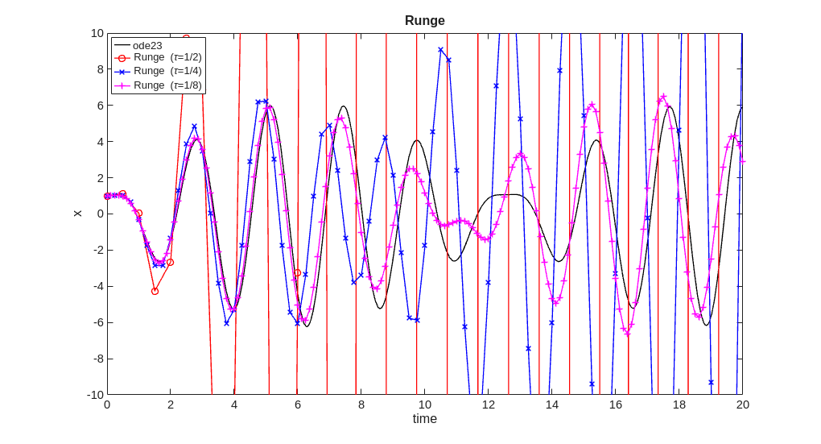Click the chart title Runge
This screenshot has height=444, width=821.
point(424,20)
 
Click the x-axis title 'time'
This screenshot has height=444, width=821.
point(424,419)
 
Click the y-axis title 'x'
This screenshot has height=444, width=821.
point(77,214)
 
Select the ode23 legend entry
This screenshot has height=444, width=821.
point(147,45)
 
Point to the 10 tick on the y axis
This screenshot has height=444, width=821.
point(97,33)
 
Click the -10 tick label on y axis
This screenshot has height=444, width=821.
point(95,394)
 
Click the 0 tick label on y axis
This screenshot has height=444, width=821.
point(100,214)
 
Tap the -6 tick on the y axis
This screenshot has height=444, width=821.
point(97,322)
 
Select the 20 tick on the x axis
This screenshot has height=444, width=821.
point(742,405)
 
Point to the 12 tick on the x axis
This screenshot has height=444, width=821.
point(489,405)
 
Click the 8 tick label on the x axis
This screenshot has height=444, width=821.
point(361,405)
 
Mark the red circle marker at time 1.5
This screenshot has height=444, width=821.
point(155,291)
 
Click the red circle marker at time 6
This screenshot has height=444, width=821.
point(298,272)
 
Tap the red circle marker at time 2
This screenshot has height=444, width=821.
point(171,262)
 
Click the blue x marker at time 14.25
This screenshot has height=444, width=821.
point(560,70)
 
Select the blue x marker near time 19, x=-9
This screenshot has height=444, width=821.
point(711,382)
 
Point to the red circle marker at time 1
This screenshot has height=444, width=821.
point(138,213)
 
